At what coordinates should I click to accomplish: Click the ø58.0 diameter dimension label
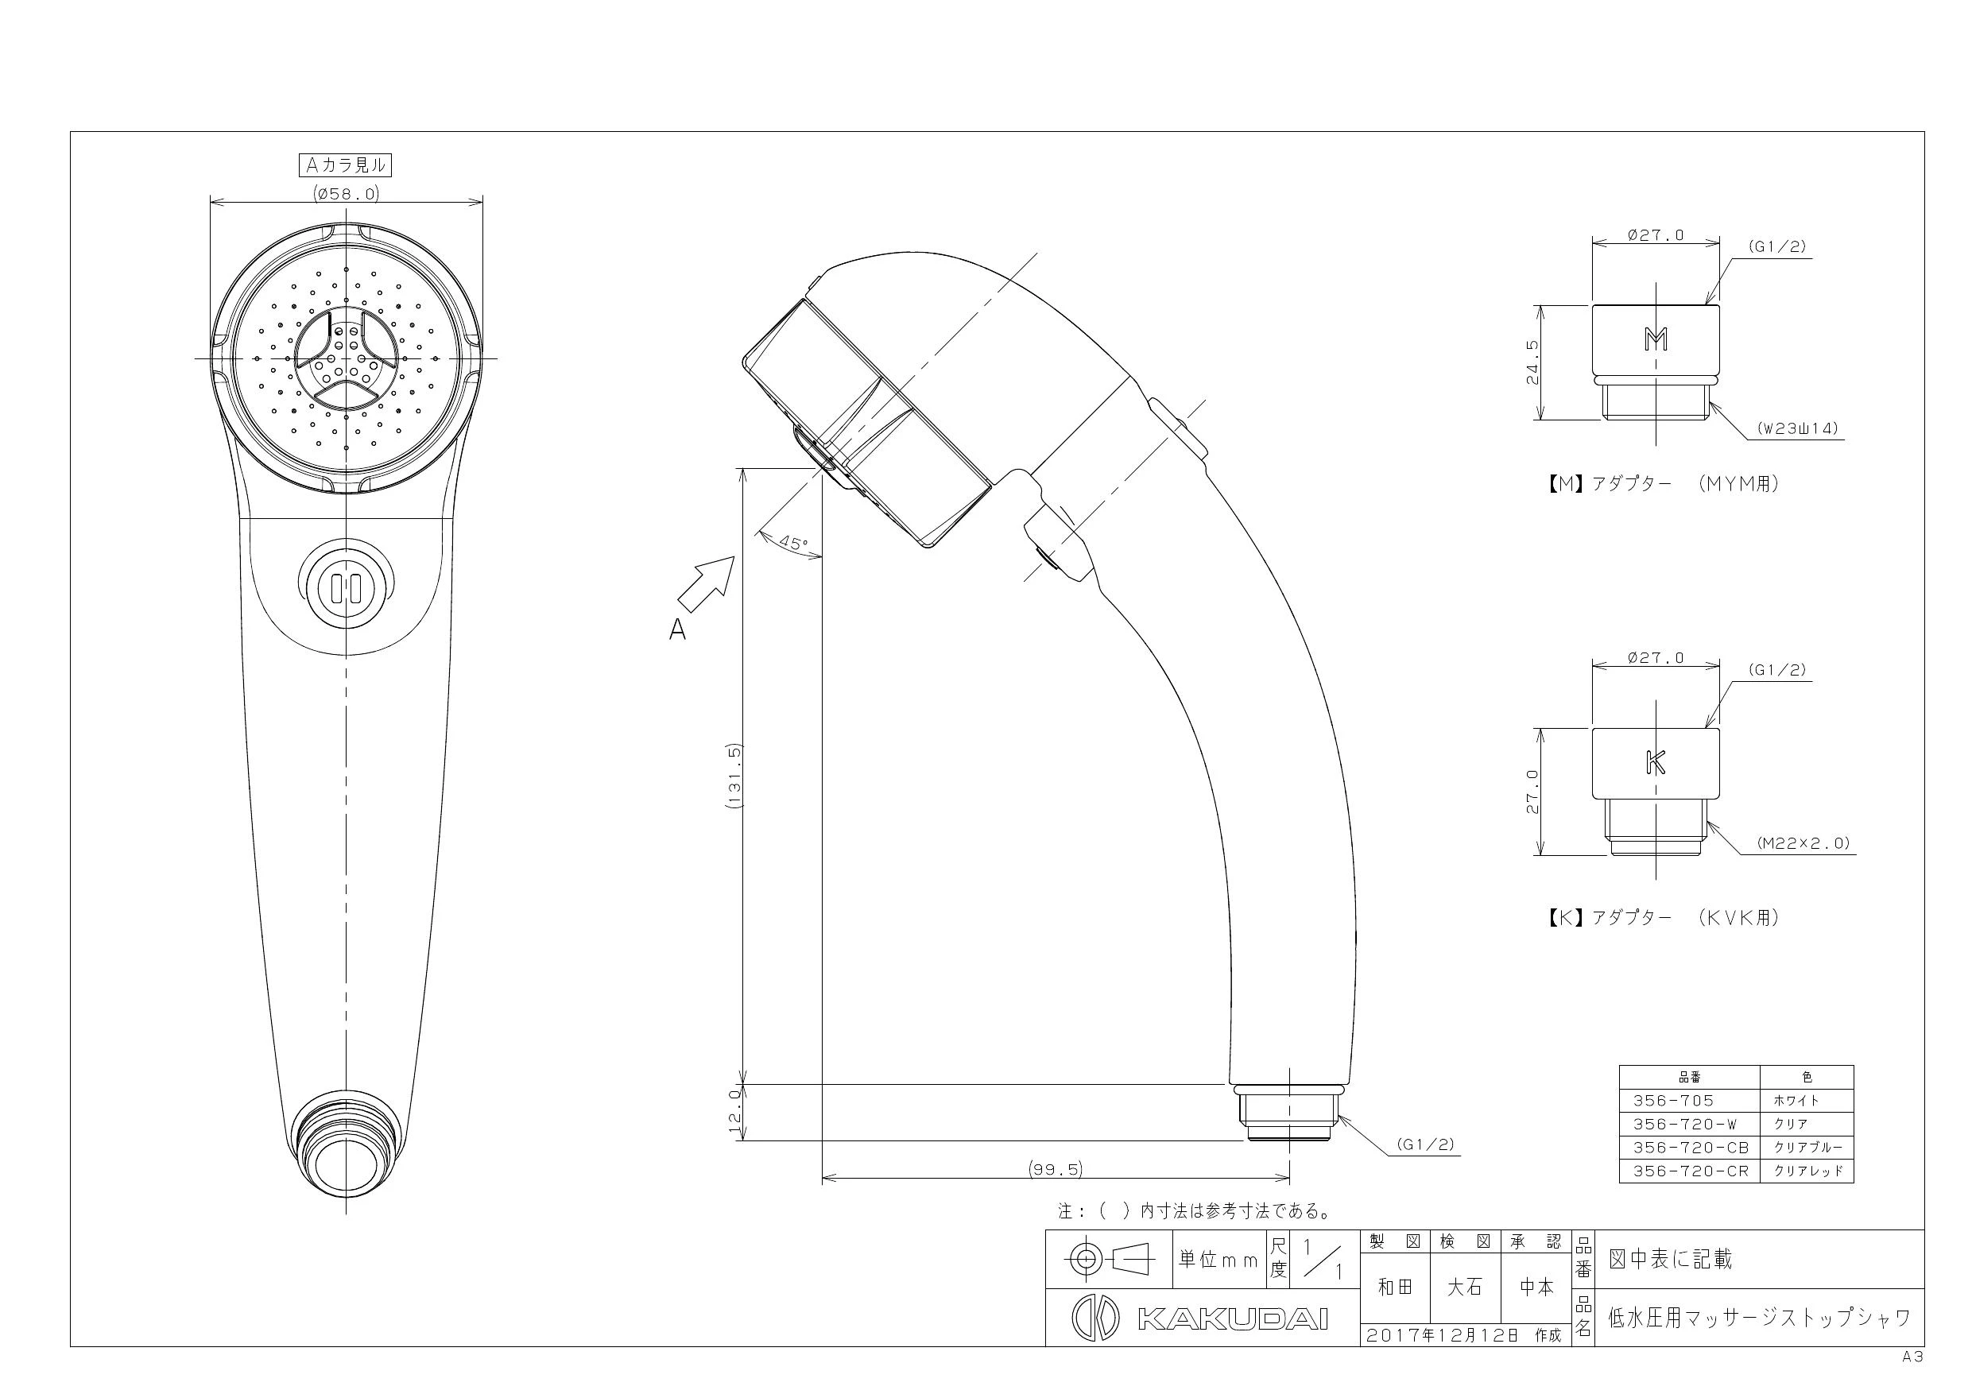(346, 194)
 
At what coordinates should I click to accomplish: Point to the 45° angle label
(792, 543)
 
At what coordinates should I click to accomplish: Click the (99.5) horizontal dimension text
(1056, 1169)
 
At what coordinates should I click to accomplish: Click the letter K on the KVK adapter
(1655, 762)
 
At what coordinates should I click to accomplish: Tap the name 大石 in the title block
(1464, 1287)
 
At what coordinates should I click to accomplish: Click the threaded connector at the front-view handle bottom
(346, 1142)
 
